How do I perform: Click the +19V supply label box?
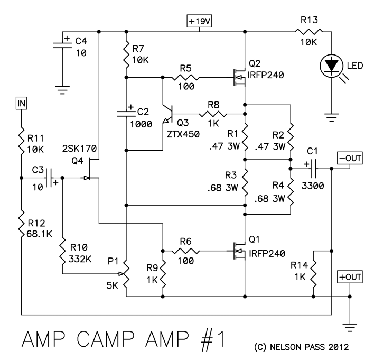tap(199, 22)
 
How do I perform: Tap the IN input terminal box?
tap(21, 103)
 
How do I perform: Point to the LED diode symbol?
tap(331, 66)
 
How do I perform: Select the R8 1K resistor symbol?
tap(214, 114)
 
